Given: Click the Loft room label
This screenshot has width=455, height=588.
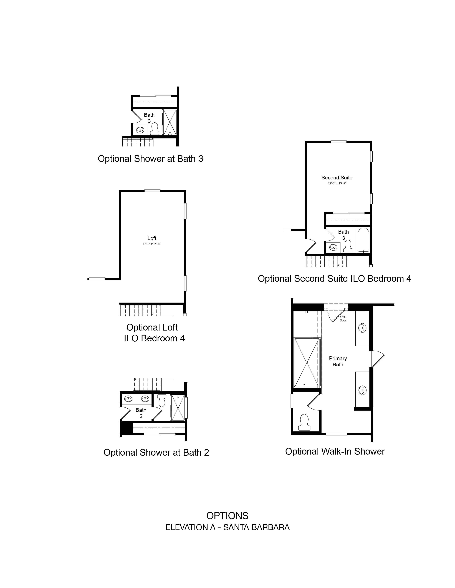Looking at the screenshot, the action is coord(152,238).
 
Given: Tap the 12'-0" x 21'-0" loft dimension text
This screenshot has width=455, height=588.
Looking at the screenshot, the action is coord(152,244).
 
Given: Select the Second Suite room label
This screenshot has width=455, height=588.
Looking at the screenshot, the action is coord(337,178).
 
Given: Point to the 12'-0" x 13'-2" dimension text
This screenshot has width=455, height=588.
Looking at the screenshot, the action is coord(337,183).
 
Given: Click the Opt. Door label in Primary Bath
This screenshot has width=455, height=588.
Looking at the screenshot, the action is coord(343,319).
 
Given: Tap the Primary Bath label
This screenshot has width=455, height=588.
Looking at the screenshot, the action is coord(338,361).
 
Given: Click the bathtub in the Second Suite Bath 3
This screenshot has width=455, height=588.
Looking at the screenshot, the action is coord(363,240).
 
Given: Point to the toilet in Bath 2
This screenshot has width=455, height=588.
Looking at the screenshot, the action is coord(162,400).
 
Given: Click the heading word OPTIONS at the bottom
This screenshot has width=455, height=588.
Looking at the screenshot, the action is coord(227,516).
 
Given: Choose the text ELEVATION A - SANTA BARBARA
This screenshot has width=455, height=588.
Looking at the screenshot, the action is coord(227,527).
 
